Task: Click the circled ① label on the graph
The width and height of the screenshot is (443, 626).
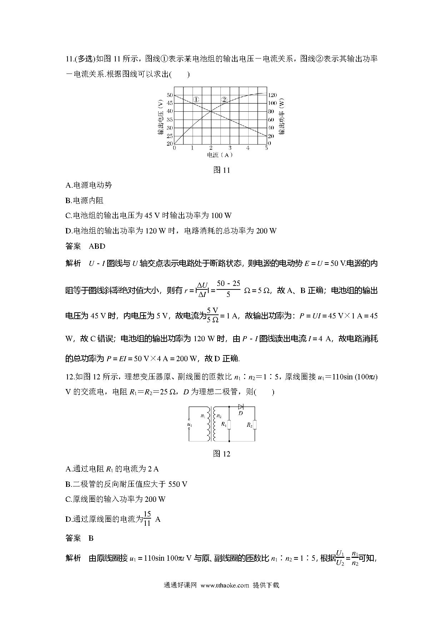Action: click(x=196, y=99)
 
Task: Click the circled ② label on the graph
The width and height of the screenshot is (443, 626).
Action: click(x=224, y=99)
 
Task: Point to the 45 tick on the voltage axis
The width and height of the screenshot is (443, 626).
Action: click(x=169, y=103)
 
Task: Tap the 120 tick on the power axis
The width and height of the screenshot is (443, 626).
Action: click(x=273, y=95)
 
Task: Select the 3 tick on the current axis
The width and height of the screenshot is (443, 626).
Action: click(x=230, y=148)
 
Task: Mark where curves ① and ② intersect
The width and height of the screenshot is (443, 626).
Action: click(x=211, y=111)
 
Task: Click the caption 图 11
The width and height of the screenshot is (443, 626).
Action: click(x=221, y=170)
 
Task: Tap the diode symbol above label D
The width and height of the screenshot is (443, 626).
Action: click(x=240, y=406)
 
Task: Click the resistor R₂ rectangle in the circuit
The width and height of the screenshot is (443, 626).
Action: click(x=255, y=425)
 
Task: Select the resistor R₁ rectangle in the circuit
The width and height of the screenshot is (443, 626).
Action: click(x=229, y=425)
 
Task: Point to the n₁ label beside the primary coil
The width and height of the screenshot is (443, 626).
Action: click(x=203, y=416)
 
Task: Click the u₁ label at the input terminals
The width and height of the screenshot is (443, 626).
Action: click(x=189, y=425)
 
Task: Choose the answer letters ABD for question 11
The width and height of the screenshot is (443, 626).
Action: click(x=97, y=246)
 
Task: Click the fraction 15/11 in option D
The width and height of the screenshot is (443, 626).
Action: click(x=147, y=519)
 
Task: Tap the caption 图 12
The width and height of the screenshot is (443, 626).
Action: click(x=221, y=454)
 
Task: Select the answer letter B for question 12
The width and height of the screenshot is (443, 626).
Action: click(x=91, y=538)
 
